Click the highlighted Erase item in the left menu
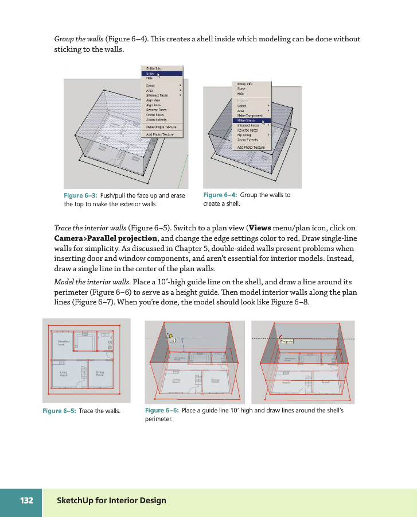[x=150, y=73]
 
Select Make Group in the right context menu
[x=247, y=121]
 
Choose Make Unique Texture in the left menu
[x=161, y=126]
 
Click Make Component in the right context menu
[x=250, y=115]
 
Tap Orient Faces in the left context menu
[x=155, y=115]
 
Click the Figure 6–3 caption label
[x=80, y=195]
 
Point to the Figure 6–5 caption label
[x=59, y=411]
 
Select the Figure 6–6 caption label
[x=162, y=411]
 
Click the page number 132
[x=26, y=500]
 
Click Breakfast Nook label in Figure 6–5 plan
[x=64, y=342]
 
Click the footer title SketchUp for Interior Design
[x=111, y=500]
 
